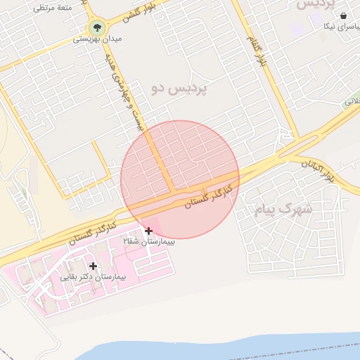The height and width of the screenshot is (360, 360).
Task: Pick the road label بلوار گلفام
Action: pos(258,50)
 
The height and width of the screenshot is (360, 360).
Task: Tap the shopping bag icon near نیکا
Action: pos(343,16)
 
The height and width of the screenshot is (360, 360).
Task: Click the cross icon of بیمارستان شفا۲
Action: pos(148,231)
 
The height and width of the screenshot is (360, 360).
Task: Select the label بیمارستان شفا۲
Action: pos(149,241)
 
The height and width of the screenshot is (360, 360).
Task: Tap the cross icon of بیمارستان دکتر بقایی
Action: pos(93,266)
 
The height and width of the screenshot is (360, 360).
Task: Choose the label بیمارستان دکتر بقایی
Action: pos(93,277)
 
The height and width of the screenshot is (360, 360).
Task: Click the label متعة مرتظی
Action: pos(53,8)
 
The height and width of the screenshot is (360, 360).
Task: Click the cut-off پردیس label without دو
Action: pos(314,4)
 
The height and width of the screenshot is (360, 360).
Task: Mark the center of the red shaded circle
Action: pos(180,180)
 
